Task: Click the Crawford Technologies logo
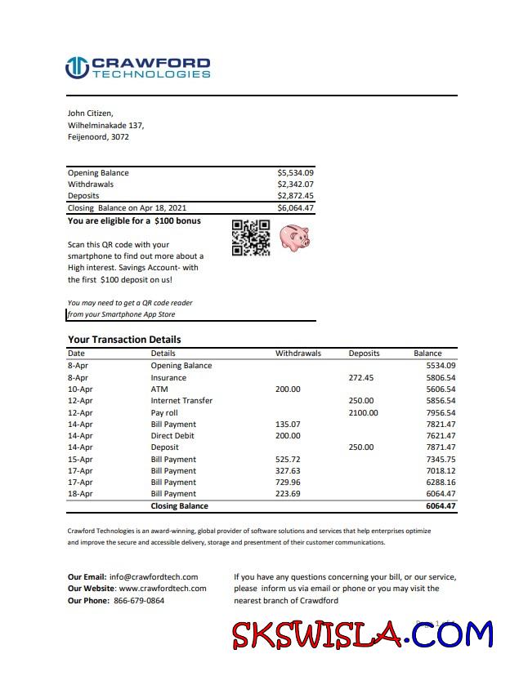pyautogui.click(x=137, y=68)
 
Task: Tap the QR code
pyautogui.click(x=251, y=238)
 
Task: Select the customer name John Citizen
pyautogui.click(x=90, y=113)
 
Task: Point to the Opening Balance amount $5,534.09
pyautogui.click(x=295, y=173)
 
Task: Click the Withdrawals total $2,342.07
pyautogui.click(x=295, y=185)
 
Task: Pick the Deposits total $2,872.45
pyautogui.click(x=295, y=196)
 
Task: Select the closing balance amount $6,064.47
pyautogui.click(x=295, y=208)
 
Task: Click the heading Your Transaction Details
pyautogui.click(x=124, y=340)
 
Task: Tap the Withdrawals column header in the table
pyautogui.click(x=298, y=354)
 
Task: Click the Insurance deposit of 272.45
pyautogui.click(x=360, y=378)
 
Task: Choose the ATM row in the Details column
pyautogui.click(x=159, y=389)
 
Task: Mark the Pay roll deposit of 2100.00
pyautogui.click(x=363, y=413)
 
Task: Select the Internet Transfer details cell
pyautogui.click(x=181, y=401)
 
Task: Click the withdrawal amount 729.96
pyautogui.click(x=288, y=483)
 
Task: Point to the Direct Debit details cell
pyautogui.click(x=172, y=436)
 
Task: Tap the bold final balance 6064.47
pyautogui.click(x=440, y=506)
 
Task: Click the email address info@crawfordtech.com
pyautogui.click(x=154, y=577)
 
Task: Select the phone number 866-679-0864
pyautogui.click(x=137, y=600)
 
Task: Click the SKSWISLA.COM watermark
pyautogui.click(x=362, y=634)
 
